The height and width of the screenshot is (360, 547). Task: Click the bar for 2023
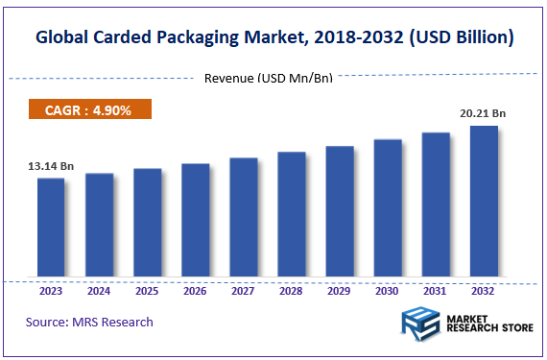51,228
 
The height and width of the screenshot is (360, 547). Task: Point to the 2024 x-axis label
99,291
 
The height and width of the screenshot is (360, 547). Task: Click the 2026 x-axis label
195,291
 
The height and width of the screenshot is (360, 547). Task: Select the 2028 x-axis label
291,291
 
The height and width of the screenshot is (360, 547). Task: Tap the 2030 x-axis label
388,291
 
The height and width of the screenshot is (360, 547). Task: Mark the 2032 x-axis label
484,291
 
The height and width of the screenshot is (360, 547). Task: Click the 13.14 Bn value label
51,166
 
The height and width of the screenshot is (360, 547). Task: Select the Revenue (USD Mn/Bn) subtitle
268,78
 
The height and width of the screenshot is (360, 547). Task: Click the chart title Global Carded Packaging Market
273,38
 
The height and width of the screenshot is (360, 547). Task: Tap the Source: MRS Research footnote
89,322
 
